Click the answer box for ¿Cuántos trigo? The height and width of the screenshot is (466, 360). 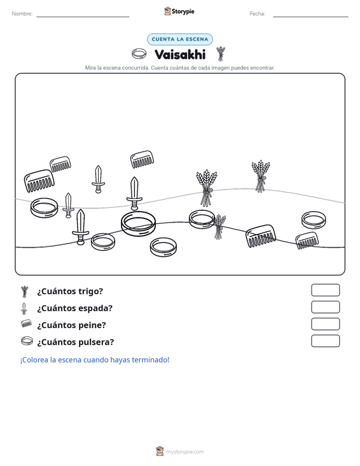(x=325, y=290)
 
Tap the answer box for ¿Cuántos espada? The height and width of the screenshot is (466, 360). (x=325, y=307)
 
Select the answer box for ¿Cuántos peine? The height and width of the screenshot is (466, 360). (x=325, y=324)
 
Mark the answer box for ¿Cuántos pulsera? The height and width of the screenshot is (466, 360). (x=325, y=341)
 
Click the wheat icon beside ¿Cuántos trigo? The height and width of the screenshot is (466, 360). (x=25, y=291)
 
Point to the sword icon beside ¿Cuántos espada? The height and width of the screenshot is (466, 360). (x=24, y=308)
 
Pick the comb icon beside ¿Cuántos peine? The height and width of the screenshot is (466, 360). (x=27, y=324)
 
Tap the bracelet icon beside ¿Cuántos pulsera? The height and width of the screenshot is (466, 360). (x=27, y=341)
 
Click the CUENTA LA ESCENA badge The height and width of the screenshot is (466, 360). (x=180, y=39)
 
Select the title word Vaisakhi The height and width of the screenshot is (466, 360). (x=180, y=55)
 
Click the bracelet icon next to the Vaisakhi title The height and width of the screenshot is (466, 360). (x=139, y=54)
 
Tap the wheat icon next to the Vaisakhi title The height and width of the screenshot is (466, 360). (x=221, y=53)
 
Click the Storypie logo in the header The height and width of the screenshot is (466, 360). (x=179, y=11)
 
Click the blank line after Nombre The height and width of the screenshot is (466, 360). (x=83, y=17)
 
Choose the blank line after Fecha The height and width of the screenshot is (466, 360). (x=310, y=17)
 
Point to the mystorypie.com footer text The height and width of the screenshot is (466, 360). (x=185, y=452)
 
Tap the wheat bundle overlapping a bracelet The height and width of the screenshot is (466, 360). (x=219, y=226)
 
